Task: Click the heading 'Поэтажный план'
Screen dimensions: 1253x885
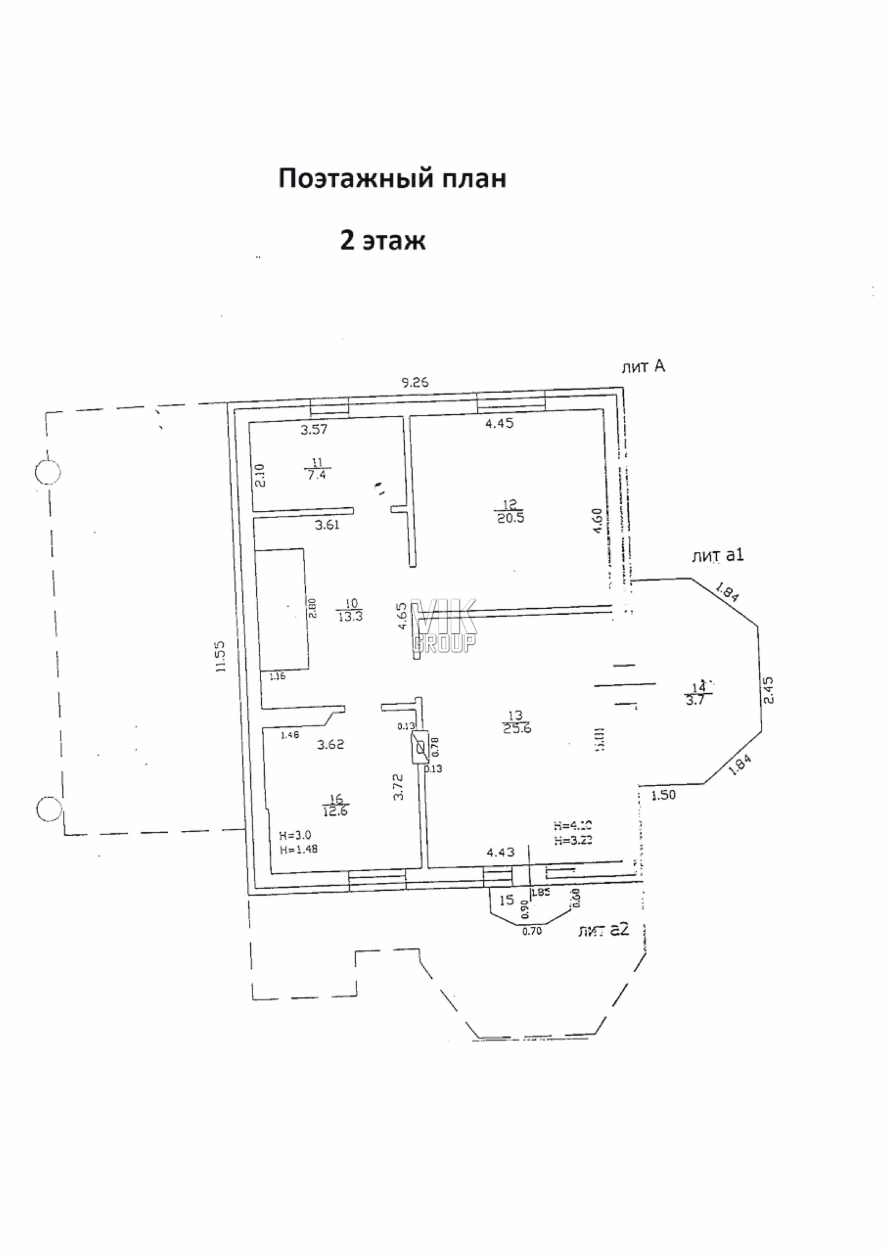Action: (x=392, y=179)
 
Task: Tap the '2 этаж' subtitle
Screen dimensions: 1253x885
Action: (x=382, y=240)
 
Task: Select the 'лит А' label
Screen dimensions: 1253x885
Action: (x=642, y=366)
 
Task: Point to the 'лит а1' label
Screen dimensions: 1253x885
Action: (x=717, y=556)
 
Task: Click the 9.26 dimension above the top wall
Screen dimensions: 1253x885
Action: (x=415, y=383)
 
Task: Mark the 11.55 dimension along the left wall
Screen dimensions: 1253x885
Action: (x=221, y=656)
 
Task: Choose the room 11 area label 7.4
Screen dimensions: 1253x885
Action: (x=316, y=475)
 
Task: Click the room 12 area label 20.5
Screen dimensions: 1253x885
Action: (x=510, y=518)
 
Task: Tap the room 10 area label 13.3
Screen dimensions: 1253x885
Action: (x=350, y=616)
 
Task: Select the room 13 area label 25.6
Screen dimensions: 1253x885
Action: (x=516, y=728)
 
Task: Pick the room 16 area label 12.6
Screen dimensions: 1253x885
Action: (x=336, y=811)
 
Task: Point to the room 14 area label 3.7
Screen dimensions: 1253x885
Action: (x=695, y=701)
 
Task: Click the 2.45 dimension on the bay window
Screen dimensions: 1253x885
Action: (x=769, y=690)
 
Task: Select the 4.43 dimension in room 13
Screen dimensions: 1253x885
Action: (x=500, y=852)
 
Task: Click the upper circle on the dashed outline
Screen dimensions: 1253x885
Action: (x=48, y=472)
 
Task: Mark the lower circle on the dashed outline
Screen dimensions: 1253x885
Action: (x=49, y=809)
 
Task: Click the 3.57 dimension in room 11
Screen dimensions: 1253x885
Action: (x=314, y=429)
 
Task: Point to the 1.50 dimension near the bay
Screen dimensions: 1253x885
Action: (x=664, y=795)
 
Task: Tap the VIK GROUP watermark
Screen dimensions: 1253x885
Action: (x=443, y=625)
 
